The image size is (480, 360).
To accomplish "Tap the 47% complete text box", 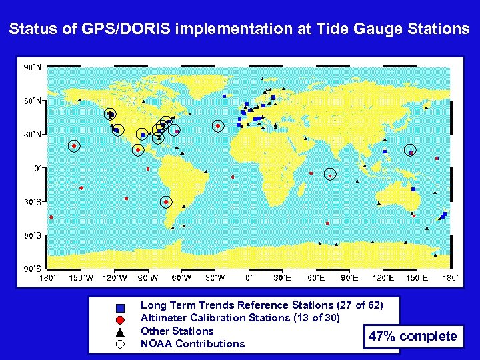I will point(413,336).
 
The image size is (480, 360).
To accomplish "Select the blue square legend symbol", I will point(121,307).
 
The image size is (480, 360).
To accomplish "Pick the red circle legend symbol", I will point(121,319).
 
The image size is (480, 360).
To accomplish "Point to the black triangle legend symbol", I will point(121,331).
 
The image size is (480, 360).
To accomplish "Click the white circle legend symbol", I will point(121,344).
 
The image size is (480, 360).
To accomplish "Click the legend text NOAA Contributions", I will point(193,344).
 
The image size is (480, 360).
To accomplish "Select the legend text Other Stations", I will point(177,331).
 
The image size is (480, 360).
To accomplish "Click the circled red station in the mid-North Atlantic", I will point(218,126).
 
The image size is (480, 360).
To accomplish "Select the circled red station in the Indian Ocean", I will point(329,175).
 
